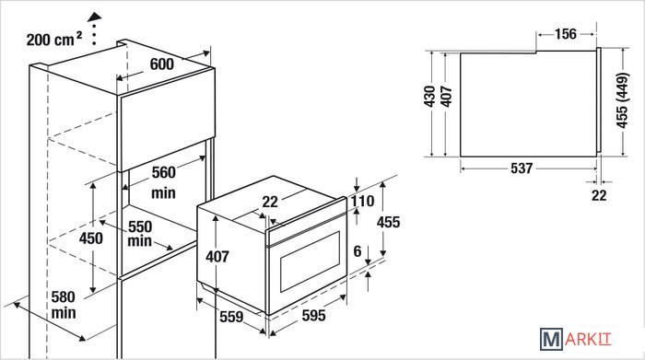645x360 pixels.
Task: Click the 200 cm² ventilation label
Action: tap(53, 39)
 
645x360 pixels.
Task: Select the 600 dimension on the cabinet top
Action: tap(161, 64)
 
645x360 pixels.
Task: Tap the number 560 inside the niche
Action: tap(164, 172)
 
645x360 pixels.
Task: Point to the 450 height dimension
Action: tap(91, 238)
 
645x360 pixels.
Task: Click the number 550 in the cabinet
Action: tap(140, 226)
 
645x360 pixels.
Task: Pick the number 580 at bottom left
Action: tap(64, 297)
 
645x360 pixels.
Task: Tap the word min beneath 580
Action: tap(64, 313)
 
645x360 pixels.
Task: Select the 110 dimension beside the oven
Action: tap(362, 202)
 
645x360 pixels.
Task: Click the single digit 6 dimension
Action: tap(358, 251)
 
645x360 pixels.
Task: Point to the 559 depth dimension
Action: tap(231, 317)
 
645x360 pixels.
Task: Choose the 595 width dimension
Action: tap(314, 316)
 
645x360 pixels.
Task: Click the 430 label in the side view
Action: tap(430, 97)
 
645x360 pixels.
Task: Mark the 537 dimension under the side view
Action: tap(522, 168)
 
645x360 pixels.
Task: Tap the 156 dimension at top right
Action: tap(566, 34)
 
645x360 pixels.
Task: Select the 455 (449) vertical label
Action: tap(622, 100)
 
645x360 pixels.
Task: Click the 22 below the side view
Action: tap(599, 195)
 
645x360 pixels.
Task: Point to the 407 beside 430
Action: tap(446, 97)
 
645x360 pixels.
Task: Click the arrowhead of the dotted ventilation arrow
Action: tap(95, 17)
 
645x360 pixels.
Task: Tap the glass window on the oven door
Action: tap(311, 261)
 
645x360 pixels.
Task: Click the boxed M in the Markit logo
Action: tap(551, 339)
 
